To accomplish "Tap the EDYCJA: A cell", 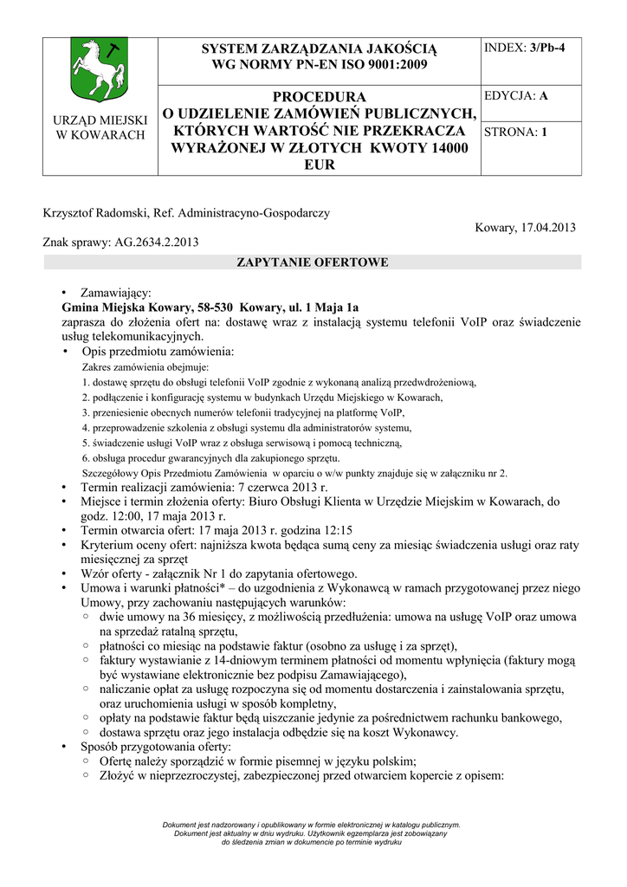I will click(516, 96).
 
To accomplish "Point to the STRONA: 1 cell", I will click(516, 133).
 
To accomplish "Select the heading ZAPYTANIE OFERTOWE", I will click(313, 262).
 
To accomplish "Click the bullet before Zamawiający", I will click(66, 294).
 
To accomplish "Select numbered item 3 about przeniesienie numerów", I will click(243, 412).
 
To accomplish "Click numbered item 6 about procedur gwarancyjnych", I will click(211, 457).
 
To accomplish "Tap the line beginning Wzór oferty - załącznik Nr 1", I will click(218, 573).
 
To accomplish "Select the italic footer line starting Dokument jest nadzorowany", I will click(312, 825).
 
